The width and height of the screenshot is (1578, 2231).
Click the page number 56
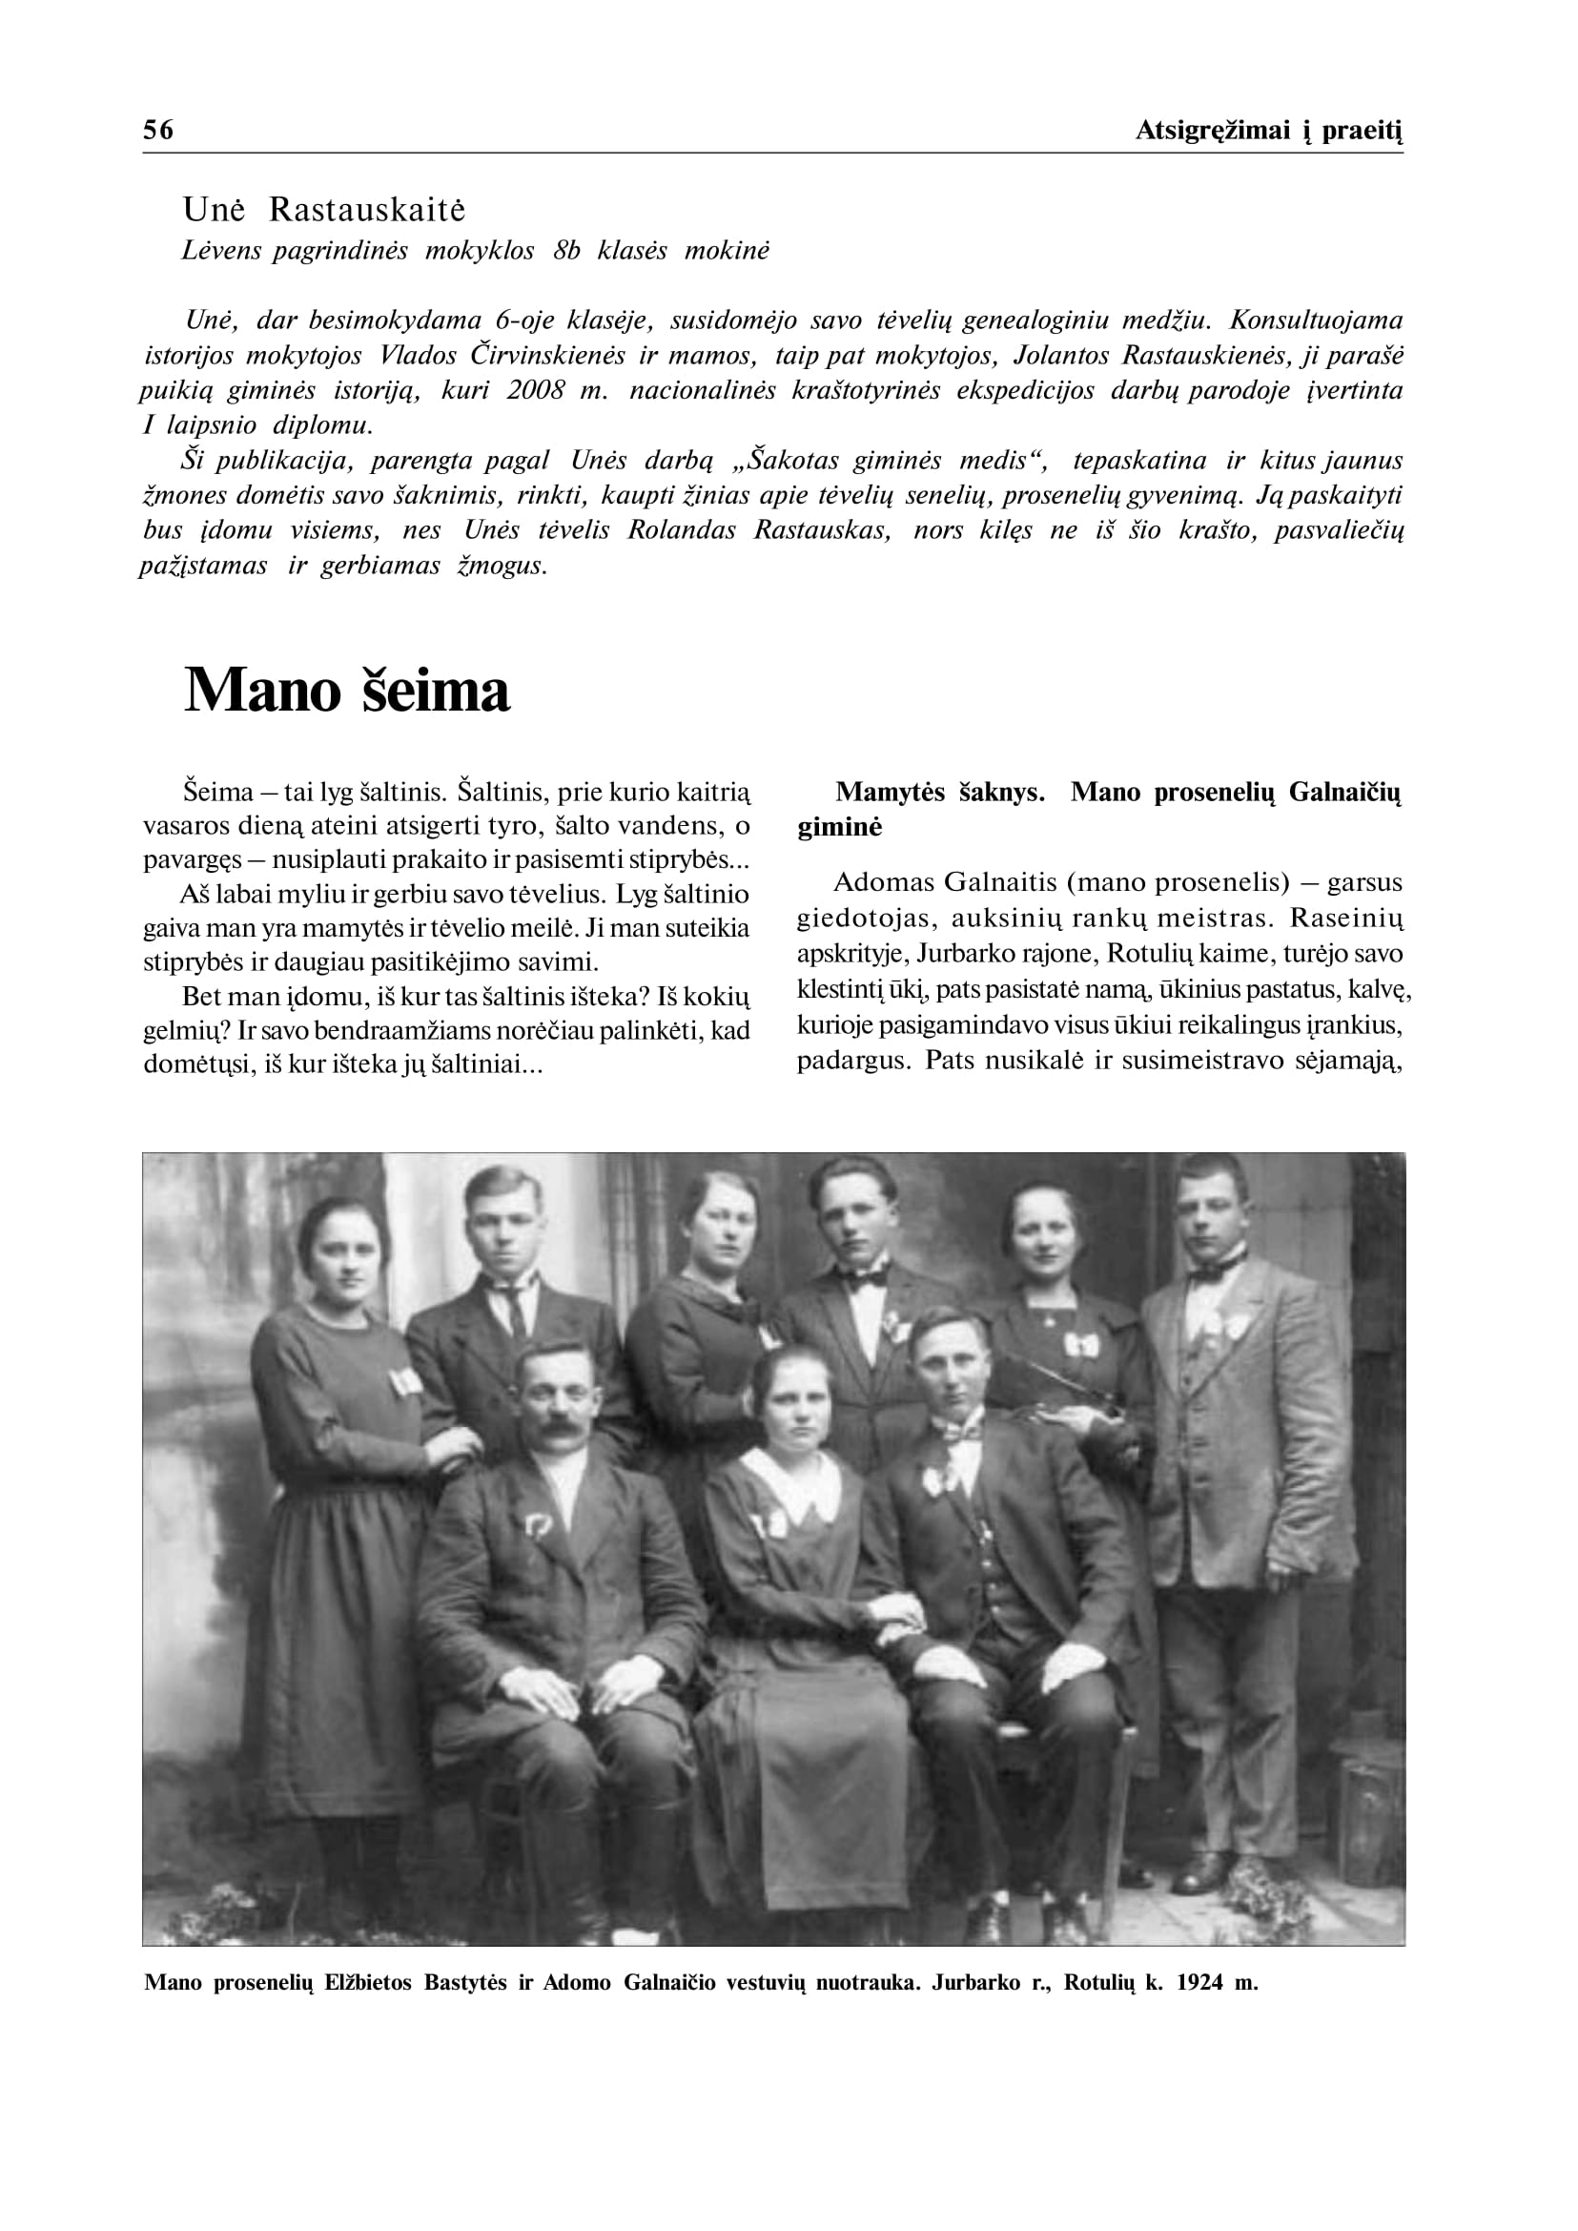tap(158, 131)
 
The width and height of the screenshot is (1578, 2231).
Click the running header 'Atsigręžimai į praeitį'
tap(1269, 131)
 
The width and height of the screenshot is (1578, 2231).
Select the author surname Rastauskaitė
tap(367, 209)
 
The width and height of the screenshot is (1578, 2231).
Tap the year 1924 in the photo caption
tap(1200, 1983)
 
